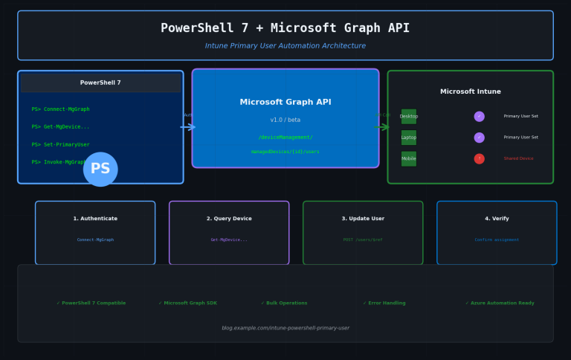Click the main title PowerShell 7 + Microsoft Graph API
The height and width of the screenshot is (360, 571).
(x=285, y=28)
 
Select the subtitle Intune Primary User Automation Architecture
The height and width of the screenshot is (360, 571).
(x=285, y=46)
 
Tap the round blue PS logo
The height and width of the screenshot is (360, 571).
(x=100, y=169)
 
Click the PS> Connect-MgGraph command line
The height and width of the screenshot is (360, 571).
(x=60, y=109)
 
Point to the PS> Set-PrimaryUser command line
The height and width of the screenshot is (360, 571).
(x=60, y=144)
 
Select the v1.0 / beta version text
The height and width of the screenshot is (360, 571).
(x=285, y=120)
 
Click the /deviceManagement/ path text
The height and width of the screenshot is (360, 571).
(x=285, y=137)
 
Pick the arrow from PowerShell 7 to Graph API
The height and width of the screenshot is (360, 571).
(x=188, y=127)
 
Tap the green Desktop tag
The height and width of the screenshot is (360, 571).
(x=409, y=116)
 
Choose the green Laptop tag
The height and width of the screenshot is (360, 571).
(x=409, y=138)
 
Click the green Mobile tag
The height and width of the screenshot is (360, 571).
(x=409, y=158)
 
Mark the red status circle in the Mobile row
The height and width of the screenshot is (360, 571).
(x=479, y=158)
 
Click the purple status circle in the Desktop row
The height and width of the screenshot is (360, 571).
(x=479, y=116)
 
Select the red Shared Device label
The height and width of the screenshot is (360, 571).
(x=518, y=158)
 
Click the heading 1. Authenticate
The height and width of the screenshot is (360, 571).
(x=95, y=219)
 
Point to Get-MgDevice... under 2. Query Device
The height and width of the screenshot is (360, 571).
(x=229, y=240)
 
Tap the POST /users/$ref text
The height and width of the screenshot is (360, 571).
(x=363, y=240)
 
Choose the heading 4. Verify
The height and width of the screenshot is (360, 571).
(x=497, y=219)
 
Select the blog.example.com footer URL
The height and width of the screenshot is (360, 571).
(x=285, y=328)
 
